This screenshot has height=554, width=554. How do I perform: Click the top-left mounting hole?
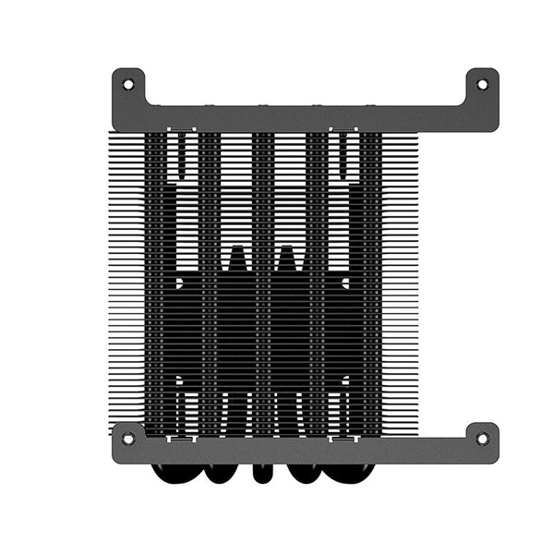point(127,84)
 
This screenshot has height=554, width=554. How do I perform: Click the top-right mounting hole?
point(481,84)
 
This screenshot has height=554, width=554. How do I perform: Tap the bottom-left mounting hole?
point(127,438)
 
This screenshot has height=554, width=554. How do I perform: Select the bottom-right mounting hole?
point(481,438)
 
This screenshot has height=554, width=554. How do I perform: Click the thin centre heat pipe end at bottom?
point(263,471)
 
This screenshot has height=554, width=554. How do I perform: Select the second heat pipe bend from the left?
point(221,473)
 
